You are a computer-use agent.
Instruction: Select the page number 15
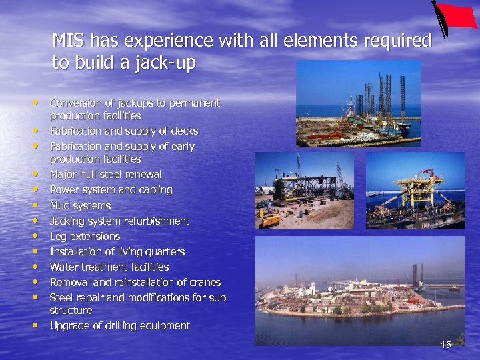(x=446, y=344)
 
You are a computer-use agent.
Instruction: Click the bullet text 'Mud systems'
(x=80, y=205)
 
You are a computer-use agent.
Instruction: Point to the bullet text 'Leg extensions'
(x=85, y=236)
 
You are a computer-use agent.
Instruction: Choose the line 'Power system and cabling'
(x=111, y=190)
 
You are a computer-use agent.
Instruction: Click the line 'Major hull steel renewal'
(x=105, y=175)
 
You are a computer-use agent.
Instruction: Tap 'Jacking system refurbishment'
(x=119, y=221)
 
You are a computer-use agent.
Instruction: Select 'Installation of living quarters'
(x=117, y=251)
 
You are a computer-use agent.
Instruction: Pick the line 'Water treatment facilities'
(x=109, y=267)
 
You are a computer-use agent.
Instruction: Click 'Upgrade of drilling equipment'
(x=119, y=326)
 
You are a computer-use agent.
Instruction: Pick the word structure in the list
(x=71, y=311)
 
